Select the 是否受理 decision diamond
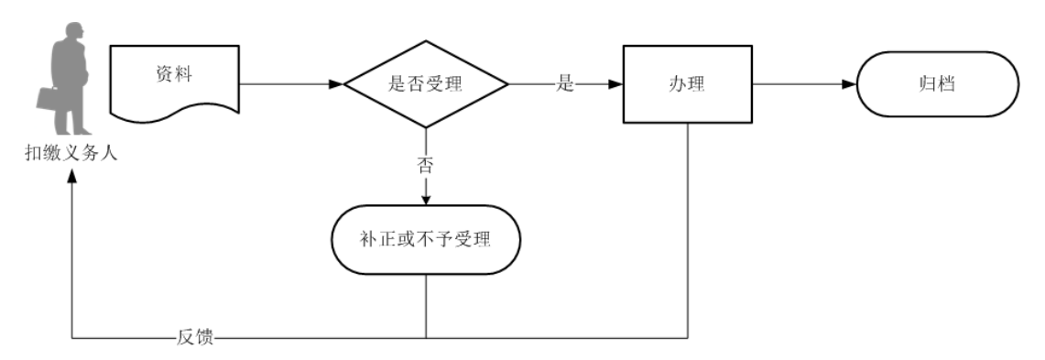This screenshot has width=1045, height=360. point(426,84)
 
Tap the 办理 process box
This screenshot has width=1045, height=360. point(687,84)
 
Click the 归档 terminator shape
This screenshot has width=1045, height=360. point(938,84)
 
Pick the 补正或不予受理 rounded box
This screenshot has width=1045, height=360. point(426,241)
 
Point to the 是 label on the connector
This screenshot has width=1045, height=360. point(565,84)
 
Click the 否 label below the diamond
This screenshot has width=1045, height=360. point(426,166)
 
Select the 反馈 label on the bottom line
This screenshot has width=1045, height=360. point(195,338)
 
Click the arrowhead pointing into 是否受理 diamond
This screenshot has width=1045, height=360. point(337,84)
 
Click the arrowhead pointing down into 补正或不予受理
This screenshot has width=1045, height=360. point(426,199)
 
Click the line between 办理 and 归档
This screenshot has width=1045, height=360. point(797,84)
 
